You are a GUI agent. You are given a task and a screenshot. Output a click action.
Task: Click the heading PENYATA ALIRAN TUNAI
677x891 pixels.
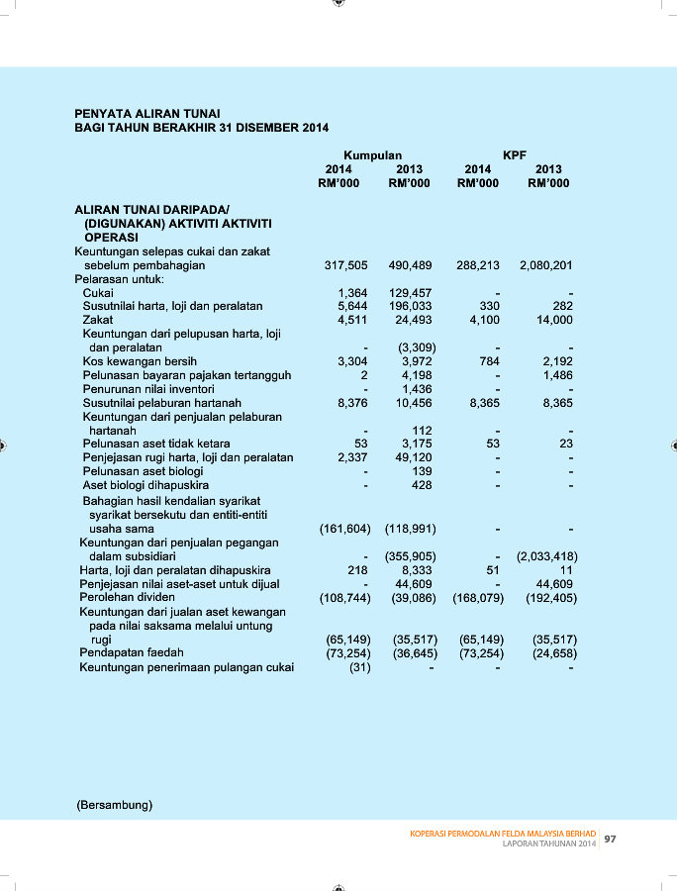click(147, 114)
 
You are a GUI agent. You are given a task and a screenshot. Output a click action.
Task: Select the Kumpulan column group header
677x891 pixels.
click(372, 155)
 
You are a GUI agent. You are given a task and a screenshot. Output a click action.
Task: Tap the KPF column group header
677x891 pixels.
click(515, 155)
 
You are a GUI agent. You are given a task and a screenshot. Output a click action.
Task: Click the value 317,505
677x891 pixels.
click(345, 265)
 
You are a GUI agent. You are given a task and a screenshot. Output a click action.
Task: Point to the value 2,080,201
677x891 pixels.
click(546, 265)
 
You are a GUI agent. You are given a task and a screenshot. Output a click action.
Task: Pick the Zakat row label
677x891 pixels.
click(98, 320)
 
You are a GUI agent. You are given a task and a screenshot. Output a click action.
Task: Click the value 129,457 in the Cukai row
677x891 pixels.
click(410, 293)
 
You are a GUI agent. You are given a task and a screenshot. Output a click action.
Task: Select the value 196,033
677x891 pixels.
click(410, 307)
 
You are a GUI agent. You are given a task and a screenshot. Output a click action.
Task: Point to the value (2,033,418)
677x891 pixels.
click(546, 556)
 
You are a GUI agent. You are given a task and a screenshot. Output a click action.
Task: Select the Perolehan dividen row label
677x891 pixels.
click(128, 598)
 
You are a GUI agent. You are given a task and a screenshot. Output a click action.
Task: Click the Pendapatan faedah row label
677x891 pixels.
click(132, 652)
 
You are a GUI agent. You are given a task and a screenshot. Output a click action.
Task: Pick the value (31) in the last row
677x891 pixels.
click(359, 666)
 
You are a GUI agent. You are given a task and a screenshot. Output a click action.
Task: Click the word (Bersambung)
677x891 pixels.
click(115, 805)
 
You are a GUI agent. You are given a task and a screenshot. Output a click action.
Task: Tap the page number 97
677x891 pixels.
click(611, 840)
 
